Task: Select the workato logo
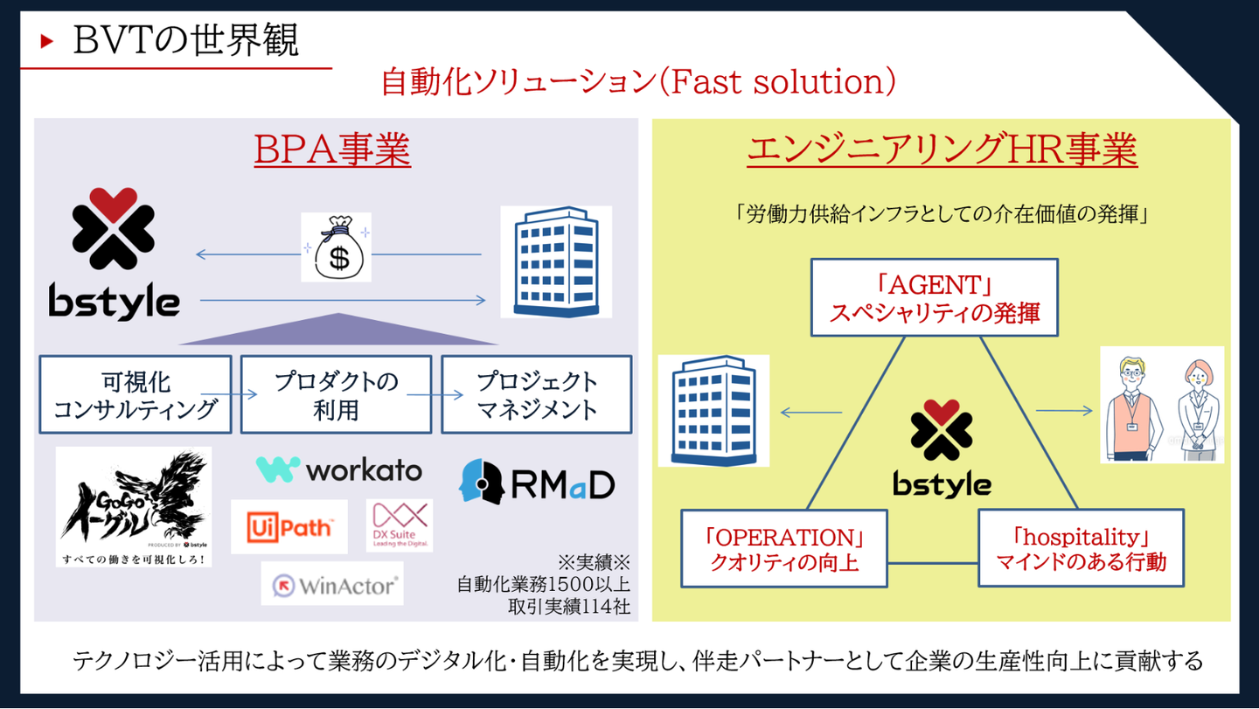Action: point(338,469)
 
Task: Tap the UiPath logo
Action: point(289,527)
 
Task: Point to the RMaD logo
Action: point(537,483)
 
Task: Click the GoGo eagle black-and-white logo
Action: point(134,506)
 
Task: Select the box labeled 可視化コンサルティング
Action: point(136,394)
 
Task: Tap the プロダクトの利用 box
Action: point(337,394)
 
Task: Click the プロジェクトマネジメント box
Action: point(537,394)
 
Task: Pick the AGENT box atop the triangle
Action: point(934,297)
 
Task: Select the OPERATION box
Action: point(783,548)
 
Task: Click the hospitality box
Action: point(1081,548)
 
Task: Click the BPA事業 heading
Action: point(332,150)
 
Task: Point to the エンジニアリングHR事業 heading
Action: point(942,150)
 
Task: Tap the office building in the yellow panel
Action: point(713,410)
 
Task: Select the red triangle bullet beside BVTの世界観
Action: point(47,41)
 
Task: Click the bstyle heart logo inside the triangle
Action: point(942,447)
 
